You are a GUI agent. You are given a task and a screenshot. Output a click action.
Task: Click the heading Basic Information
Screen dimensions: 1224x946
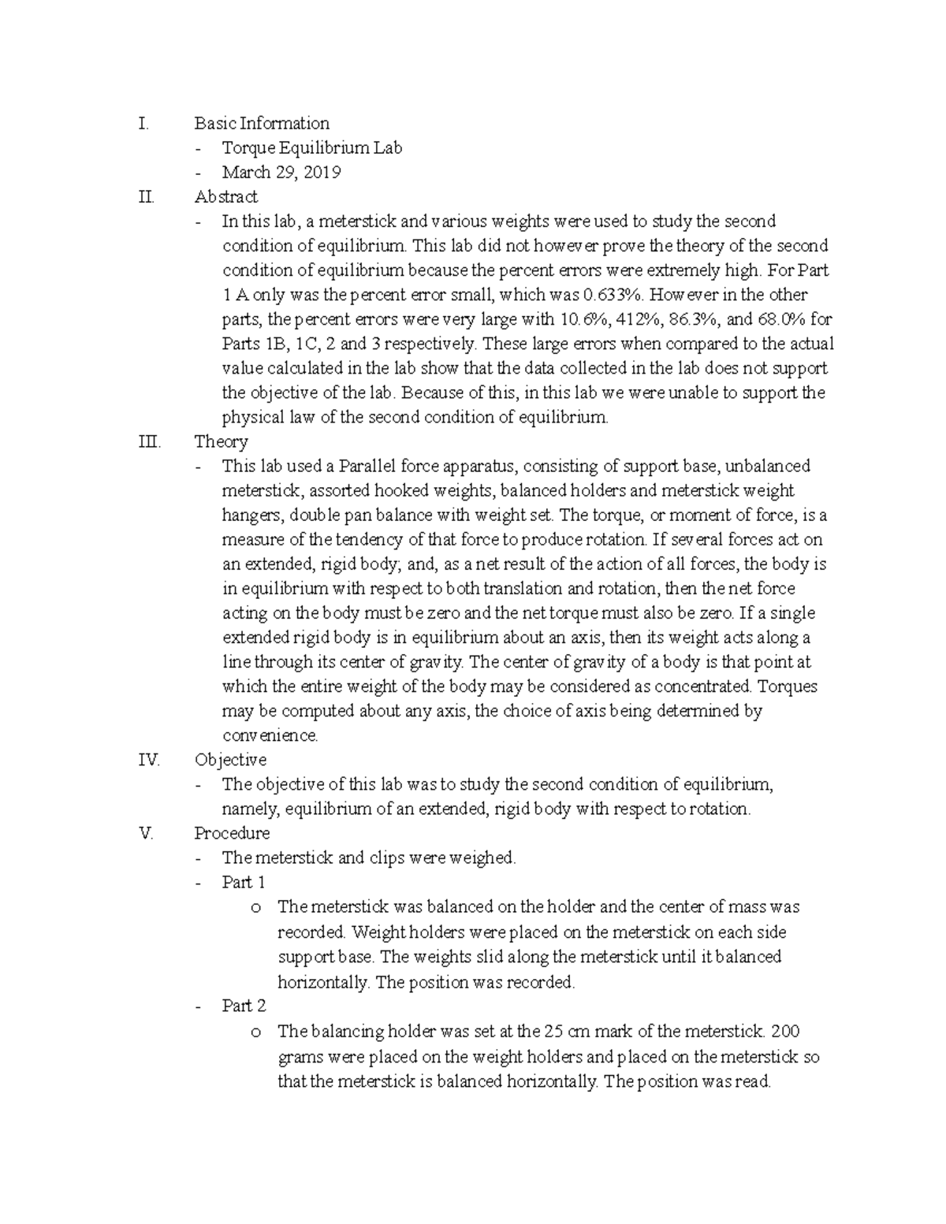262,123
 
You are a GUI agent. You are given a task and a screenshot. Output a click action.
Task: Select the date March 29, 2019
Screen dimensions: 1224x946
281,172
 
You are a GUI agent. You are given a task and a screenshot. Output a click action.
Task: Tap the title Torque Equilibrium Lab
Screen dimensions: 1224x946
311,147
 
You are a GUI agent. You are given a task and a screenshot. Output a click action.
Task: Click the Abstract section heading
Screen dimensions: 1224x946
225,196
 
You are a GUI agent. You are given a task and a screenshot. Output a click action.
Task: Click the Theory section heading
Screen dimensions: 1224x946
221,441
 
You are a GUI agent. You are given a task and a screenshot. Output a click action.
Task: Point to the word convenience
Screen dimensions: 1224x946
270,735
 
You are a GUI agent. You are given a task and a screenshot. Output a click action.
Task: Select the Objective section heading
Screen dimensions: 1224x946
230,760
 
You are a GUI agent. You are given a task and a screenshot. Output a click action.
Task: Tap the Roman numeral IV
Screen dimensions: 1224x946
148,760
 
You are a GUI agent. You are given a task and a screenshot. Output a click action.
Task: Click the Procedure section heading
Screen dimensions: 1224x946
232,833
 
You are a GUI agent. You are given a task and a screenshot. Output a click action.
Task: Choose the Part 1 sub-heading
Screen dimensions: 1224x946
244,882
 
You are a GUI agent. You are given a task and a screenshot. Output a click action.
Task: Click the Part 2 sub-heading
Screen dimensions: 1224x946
244,1006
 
